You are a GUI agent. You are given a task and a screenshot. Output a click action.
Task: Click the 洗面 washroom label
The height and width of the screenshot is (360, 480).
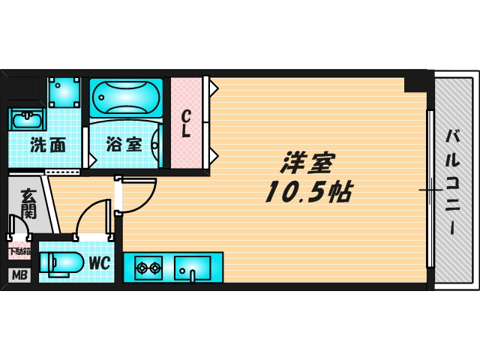click(47, 145)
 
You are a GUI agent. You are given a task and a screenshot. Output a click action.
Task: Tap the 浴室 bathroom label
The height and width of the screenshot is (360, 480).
click(124, 144)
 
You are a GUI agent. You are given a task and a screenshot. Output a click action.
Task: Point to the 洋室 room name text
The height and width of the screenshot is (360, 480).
click(308, 163)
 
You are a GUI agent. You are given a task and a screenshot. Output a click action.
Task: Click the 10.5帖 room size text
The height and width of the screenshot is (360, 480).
click(307, 193)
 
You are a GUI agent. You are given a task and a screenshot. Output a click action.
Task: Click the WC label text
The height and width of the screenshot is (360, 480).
click(99, 263)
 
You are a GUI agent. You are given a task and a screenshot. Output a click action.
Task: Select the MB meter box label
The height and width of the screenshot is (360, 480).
click(19, 275)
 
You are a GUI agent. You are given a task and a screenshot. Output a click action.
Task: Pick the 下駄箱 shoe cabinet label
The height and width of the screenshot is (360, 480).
click(19, 252)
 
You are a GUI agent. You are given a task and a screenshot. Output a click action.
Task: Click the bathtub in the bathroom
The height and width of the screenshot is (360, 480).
click(125, 97)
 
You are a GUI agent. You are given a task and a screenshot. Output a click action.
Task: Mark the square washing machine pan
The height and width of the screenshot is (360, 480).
click(64, 92)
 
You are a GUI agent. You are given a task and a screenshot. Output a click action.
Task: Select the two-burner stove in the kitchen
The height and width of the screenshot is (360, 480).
click(148, 267)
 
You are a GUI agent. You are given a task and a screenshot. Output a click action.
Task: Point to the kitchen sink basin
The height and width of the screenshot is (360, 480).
click(192, 267)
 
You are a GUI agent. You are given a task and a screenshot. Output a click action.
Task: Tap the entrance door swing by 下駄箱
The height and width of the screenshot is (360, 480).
click(16, 225)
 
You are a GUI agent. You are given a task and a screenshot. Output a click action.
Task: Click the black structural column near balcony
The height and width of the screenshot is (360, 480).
click(415, 81)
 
